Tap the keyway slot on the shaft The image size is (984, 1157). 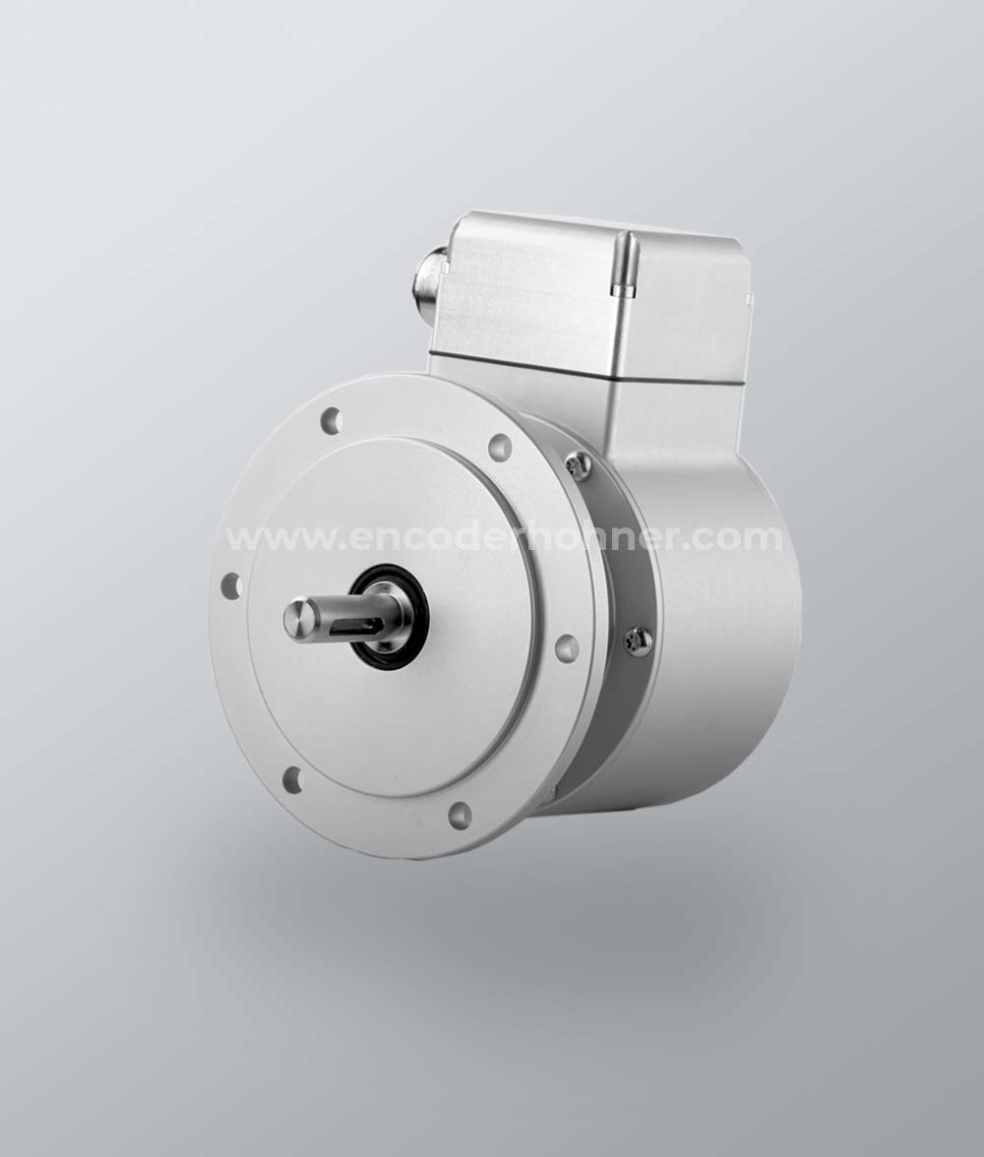[354, 629]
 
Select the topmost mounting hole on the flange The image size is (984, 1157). [332, 421]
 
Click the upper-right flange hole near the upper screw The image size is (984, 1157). [501, 447]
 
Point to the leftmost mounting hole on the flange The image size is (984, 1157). [232, 586]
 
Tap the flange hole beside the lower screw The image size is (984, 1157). [566, 645]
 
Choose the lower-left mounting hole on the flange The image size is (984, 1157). [292, 777]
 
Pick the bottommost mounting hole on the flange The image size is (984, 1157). [460, 815]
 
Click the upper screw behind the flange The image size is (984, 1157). [578, 462]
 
